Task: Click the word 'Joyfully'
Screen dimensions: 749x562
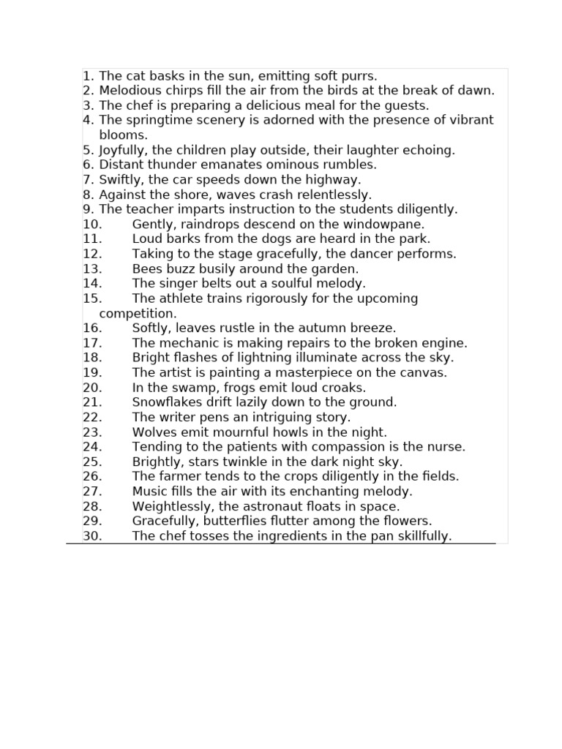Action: [124, 150]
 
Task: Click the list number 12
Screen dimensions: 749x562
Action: [92, 254]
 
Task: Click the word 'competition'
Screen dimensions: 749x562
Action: [137, 314]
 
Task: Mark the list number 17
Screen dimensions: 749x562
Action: [92, 343]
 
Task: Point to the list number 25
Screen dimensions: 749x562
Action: [92, 462]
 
